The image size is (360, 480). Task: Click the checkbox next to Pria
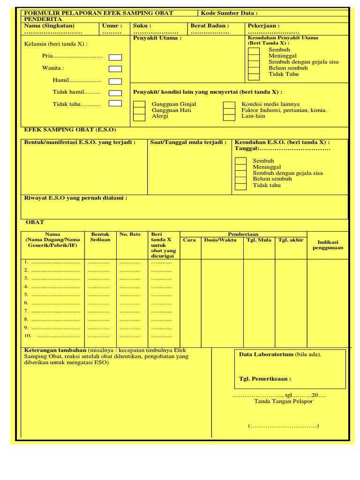115,58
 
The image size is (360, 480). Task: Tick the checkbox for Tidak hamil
115,93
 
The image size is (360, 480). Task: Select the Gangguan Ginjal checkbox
139,104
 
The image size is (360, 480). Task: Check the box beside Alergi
139,117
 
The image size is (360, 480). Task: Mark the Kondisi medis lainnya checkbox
229,105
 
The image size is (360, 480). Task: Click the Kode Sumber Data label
229,13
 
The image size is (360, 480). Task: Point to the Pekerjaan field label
263,26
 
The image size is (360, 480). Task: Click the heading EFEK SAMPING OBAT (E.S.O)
70,129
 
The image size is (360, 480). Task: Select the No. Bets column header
130,234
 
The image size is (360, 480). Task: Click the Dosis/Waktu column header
220,240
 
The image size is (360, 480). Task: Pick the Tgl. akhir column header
291,240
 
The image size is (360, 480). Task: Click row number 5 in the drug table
27,294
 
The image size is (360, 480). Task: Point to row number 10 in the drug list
28,336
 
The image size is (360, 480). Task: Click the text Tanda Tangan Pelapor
283,401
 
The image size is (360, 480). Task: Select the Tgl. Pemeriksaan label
265,379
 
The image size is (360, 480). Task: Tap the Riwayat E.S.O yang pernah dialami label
75,198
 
